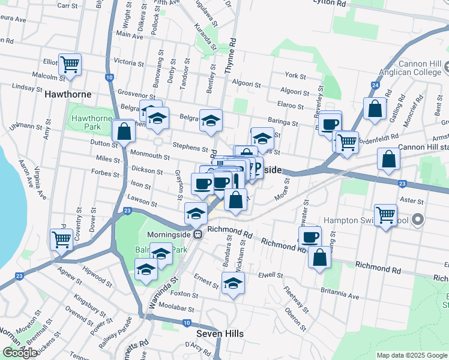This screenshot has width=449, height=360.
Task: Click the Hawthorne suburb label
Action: point(68,94)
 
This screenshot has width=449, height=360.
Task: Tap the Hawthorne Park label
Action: point(92,123)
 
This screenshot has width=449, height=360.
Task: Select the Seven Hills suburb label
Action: point(219,333)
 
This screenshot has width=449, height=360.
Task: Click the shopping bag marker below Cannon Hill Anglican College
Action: point(375,109)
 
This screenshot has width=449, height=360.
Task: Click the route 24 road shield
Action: point(375,85)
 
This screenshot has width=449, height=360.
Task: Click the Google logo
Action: point(20,353)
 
